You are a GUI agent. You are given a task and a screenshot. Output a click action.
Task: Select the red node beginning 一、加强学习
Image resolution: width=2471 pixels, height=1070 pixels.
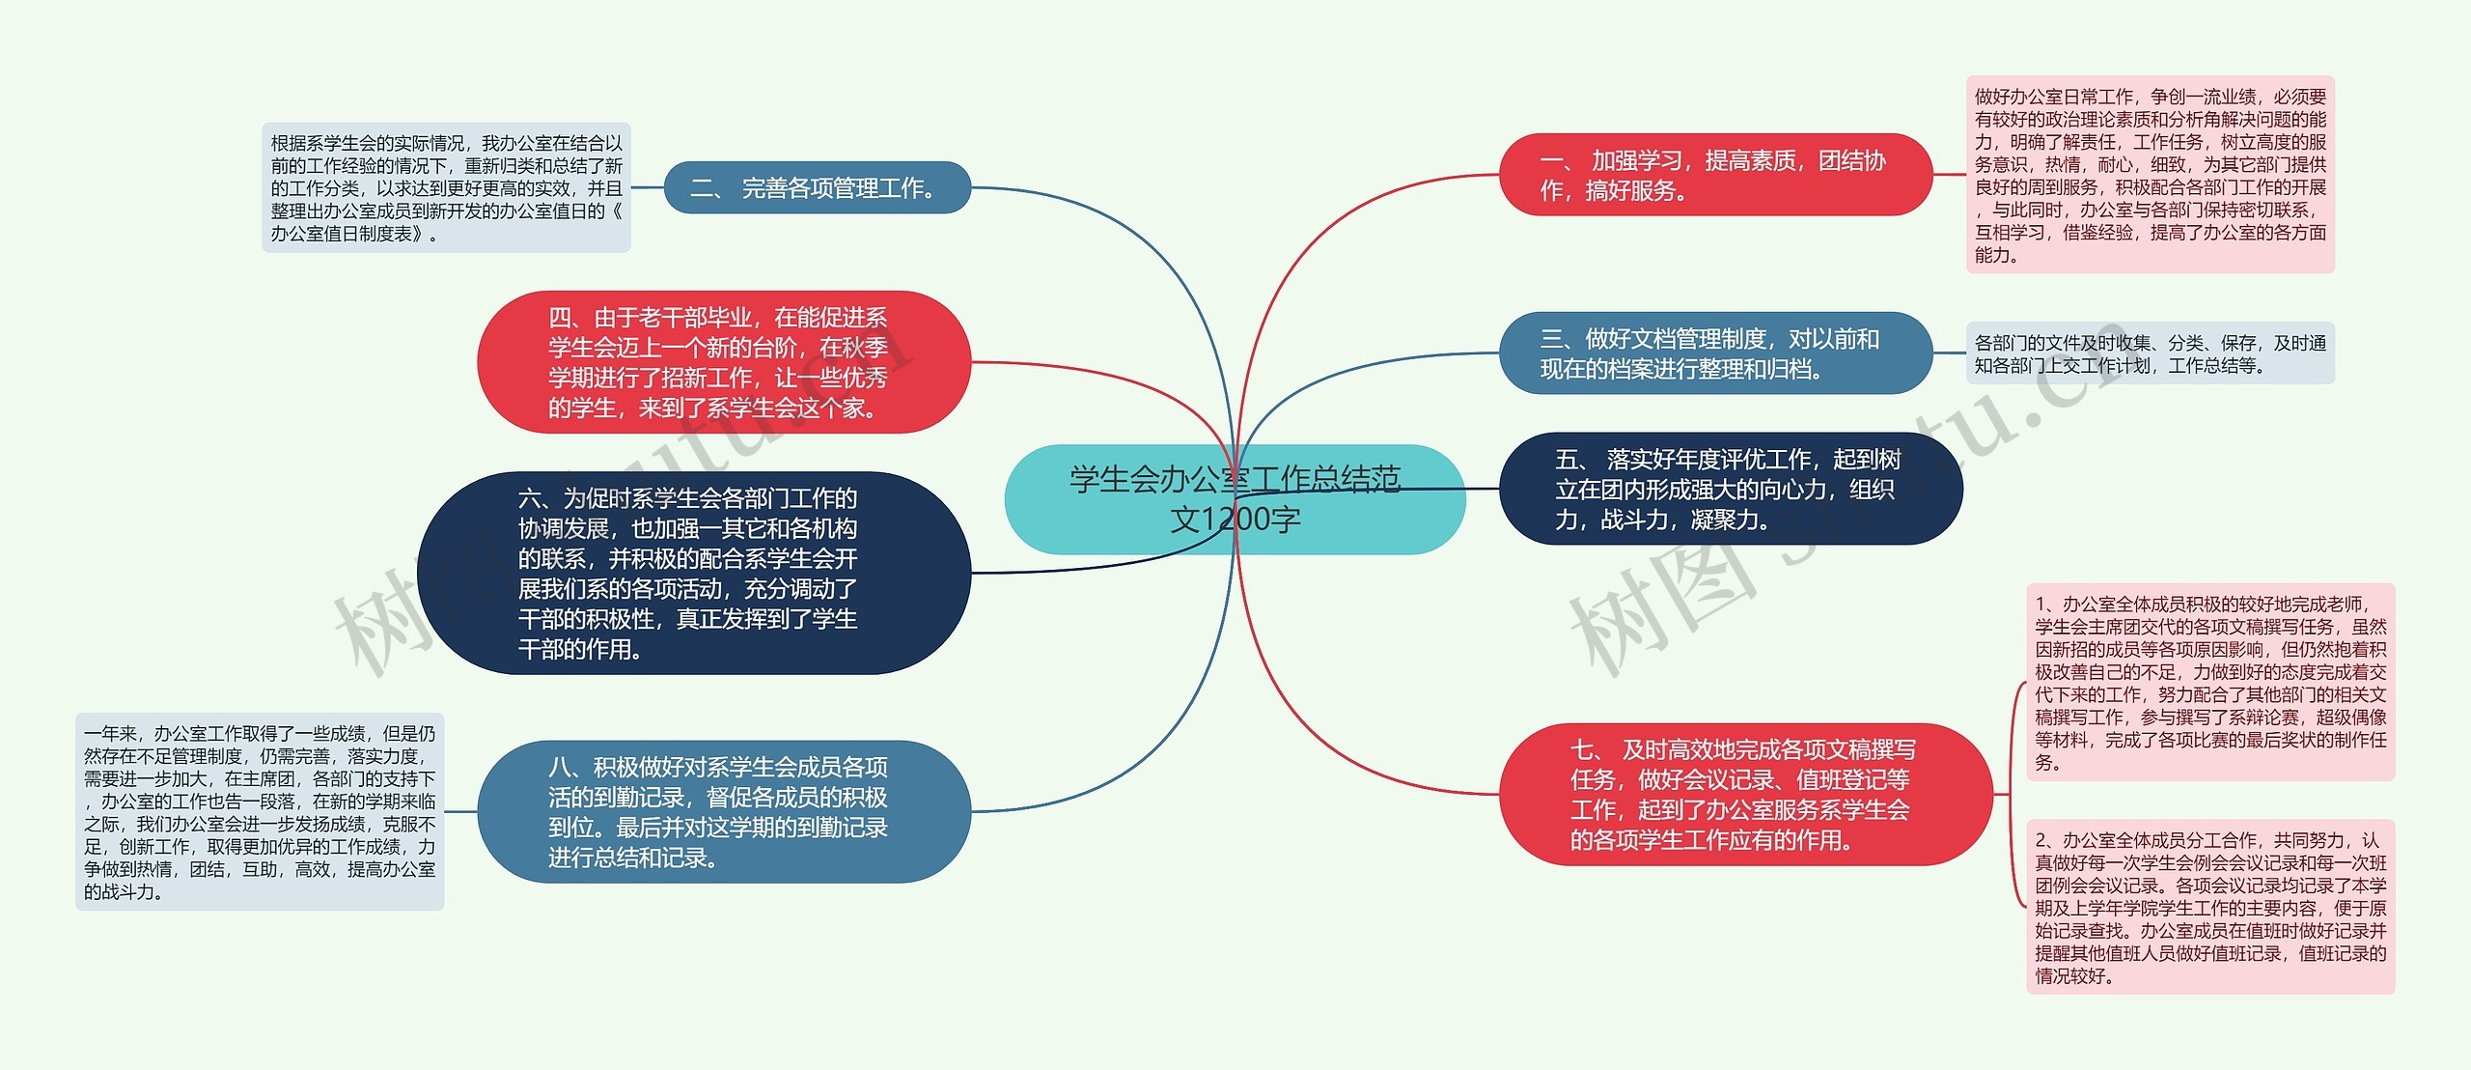(1714, 175)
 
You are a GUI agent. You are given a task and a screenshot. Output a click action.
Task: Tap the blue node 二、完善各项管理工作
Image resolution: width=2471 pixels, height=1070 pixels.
(817, 187)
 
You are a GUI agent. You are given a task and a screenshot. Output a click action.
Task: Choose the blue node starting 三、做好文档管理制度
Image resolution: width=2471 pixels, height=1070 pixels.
(1714, 353)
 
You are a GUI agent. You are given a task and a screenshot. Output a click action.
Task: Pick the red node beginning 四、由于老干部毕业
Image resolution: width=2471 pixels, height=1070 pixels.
(723, 362)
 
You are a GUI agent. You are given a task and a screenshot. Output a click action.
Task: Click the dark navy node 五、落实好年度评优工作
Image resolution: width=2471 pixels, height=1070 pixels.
(1730, 489)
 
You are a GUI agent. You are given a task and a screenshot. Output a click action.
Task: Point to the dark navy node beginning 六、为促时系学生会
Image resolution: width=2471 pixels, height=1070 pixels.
(693, 573)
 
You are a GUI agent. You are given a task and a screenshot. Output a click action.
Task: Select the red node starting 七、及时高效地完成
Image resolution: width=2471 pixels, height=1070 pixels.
(1744, 794)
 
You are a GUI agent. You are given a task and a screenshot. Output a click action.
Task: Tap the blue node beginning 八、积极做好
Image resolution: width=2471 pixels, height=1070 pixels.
(723, 811)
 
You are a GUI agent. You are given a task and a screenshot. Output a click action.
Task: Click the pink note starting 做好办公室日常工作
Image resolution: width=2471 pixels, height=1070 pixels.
(2150, 175)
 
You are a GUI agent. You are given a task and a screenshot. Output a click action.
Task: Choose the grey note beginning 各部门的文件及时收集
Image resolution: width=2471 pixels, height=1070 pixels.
(2150, 353)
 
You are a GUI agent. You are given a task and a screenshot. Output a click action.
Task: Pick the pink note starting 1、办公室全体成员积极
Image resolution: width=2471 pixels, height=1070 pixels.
(2209, 682)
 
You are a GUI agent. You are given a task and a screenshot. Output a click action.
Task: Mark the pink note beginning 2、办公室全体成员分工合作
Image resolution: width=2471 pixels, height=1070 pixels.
(2209, 907)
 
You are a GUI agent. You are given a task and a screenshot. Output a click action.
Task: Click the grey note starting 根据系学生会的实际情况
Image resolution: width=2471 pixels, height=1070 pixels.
(446, 187)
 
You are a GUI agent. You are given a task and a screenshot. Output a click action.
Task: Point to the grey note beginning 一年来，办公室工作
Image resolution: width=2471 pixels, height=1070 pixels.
(260, 811)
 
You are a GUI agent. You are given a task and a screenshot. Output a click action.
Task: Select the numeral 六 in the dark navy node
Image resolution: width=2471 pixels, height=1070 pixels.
(530, 498)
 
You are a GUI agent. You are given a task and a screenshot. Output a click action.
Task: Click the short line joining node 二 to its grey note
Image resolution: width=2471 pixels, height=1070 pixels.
(648, 187)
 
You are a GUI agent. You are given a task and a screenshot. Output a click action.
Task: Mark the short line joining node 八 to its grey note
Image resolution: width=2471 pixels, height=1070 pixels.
(461, 811)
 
